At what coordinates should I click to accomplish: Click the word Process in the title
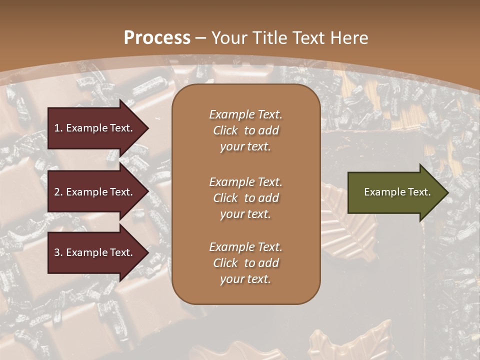pyautogui.click(x=157, y=38)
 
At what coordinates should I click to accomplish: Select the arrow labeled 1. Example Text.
pyautogui.click(x=95, y=128)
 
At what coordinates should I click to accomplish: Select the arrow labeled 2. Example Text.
pyautogui.click(x=95, y=192)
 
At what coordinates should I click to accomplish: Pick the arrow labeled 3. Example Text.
pyautogui.click(x=95, y=252)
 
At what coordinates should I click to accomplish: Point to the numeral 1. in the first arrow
pyautogui.click(x=58, y=128)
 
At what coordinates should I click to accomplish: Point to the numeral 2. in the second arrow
pyautogui.click(x=58, y=192)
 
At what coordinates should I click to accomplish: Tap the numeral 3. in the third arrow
pyautogui.click(x=58, y=252)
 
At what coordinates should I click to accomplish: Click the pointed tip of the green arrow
pyautogui.click(x=447, y=192)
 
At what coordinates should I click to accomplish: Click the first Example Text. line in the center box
pyautogui.click(x=245, y=114)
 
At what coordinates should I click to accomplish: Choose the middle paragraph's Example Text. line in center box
pyautogui.click(x=245, y=182)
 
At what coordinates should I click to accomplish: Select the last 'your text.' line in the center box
pyautogui.click(x=245, y=279)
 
